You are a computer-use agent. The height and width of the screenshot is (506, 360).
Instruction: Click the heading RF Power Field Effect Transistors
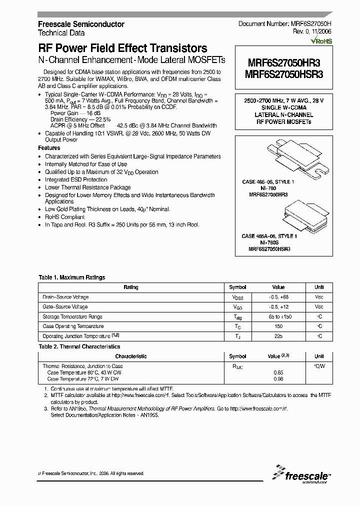coord(122,48)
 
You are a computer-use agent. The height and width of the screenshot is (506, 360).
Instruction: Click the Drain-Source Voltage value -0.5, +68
coord(278,297)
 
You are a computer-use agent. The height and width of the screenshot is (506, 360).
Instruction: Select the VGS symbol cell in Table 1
coord(237,307)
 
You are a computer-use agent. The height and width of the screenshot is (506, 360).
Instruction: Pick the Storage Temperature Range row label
coord(72,316)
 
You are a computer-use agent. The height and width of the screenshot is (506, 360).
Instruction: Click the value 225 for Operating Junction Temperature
coord(278,336)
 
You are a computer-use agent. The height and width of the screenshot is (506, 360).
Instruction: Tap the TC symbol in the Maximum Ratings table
coord(237,326)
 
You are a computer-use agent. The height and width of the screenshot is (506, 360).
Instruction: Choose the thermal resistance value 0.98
coord(278,378)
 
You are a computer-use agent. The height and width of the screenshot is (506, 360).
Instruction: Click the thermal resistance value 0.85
coord(278,372)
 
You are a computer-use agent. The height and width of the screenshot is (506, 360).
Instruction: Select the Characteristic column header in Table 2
coord(131,356)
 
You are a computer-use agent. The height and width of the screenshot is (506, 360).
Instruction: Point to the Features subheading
coord(49,148)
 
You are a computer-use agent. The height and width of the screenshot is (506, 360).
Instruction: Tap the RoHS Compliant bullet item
coord(64,217)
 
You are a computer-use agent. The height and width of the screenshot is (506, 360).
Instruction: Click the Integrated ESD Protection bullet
coord(76,179)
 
